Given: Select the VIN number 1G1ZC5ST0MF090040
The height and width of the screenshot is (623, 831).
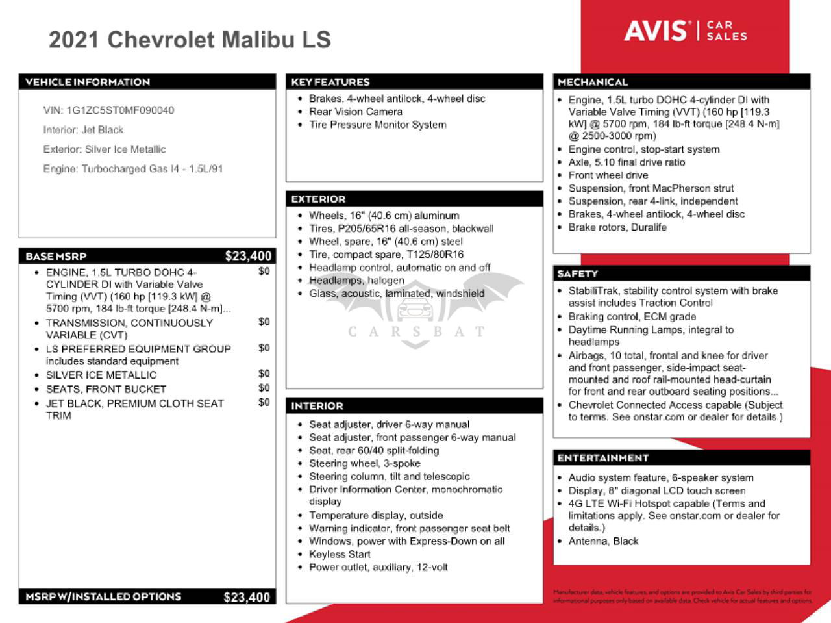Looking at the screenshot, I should tap(120, 110).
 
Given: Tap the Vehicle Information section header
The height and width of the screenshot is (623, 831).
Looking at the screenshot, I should tap(88, 82).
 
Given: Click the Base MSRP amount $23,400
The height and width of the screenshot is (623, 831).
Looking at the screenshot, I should tap(248, 256).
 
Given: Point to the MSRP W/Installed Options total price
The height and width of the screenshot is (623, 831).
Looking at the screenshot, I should tap(247, 597).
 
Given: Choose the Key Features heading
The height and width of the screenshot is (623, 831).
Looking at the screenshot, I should tap(330, 82).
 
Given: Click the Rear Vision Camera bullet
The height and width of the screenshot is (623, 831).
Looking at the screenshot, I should tap(356, 112).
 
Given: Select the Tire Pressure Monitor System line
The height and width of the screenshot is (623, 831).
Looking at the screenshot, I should tap(377, 125).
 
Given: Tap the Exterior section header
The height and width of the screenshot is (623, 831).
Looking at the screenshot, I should tap(319, 199).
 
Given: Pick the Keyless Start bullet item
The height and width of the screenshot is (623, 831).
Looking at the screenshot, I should tap(340, 554).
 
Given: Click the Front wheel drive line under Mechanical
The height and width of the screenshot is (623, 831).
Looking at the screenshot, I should tap(608, 175).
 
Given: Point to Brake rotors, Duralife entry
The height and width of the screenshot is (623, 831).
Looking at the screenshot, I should tap(617, 227).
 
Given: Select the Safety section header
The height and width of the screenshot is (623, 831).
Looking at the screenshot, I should tap(578, 273).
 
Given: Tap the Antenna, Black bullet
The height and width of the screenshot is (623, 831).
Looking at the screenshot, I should tap(603, 541).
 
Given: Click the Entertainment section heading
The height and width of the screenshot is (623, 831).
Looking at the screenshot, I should tap(603, 458).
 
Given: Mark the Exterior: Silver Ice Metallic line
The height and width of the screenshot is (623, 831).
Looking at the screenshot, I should tap(105, 149).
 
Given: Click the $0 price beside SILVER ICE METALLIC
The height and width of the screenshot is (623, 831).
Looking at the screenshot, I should tap(264, 374).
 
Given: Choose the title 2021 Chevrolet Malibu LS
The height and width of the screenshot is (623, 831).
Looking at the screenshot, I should tap(190, 40).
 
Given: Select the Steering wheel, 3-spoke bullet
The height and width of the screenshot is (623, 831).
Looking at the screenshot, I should tap(364, 463).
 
